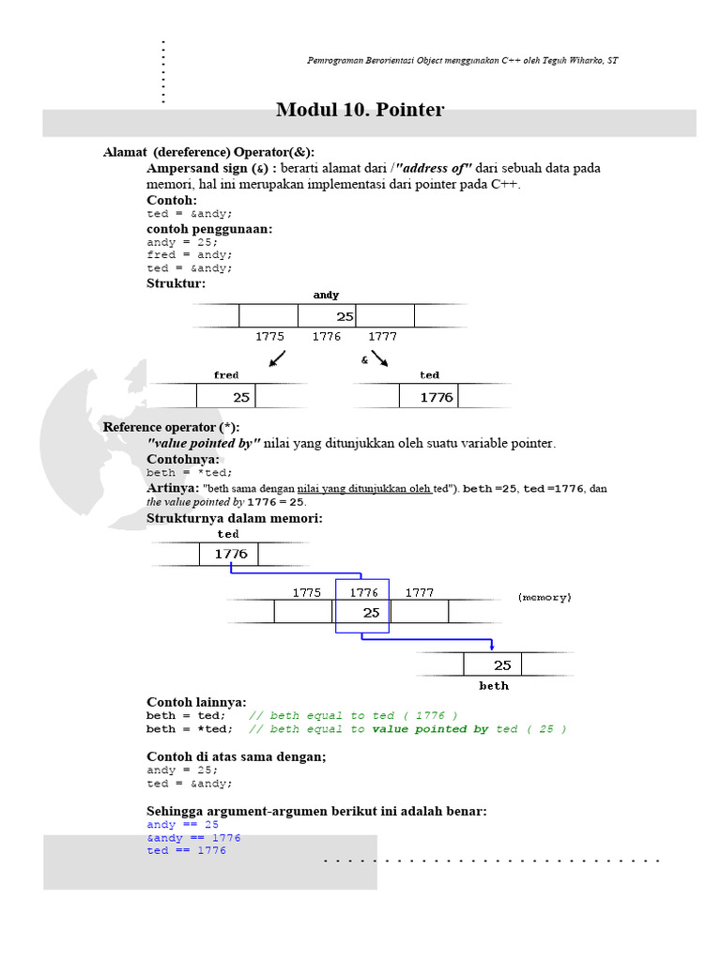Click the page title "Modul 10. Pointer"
click(x=360, y=110)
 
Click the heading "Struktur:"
click(x=176, y=282)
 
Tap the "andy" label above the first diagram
click(x=326, y=295)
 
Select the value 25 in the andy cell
click(x=345, y=316)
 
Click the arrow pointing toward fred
click(x=277, y=358)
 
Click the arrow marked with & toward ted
click(x=379, y=358)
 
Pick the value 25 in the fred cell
click(x=241, y=397)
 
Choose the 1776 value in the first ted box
click(x=436, y=397)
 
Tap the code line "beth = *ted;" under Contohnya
click(x=189, y=473)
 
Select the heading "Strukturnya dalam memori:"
click(x=234, y=518)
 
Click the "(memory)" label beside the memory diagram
click(x=545, y=597)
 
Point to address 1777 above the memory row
click(x=419, y=592)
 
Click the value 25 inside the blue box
click(x=371, y=612)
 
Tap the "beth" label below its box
click(x=494, y=686)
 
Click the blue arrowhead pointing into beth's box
click(x=493, y=646)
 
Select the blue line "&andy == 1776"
click(x=193, y=837)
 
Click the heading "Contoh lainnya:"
click(x=196, y=701)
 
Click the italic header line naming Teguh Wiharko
click(x=463, y=61)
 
